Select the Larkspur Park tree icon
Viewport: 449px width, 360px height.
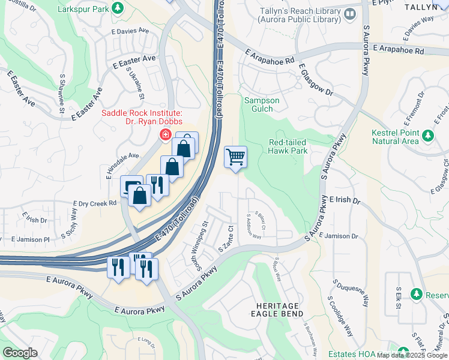coord(119,8)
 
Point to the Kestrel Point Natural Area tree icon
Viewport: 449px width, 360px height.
coord(427,136)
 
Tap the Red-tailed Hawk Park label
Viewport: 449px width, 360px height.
coord(288,146)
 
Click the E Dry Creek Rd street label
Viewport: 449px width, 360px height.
coord(95,204)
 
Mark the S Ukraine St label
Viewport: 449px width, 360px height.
coord(135,83)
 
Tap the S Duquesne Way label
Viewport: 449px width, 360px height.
coord(348,293)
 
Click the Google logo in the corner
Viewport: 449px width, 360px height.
coord(20,352)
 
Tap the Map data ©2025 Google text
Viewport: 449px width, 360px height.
coord(411,355)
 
